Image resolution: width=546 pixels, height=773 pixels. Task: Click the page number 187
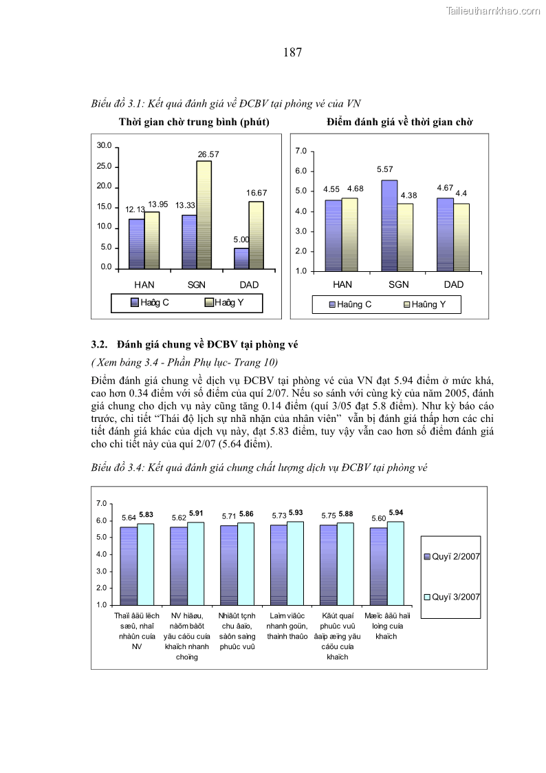[292, 52]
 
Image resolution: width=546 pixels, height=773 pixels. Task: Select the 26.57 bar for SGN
[204, 214]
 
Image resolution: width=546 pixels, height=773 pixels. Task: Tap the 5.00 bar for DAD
[241, 258]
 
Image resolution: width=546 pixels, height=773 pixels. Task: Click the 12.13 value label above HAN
[135, 209]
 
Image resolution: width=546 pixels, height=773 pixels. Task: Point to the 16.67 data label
[256, 193]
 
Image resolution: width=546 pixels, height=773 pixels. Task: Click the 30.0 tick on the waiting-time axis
[105, 146]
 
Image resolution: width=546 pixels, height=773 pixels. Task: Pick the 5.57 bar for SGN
[389, 225]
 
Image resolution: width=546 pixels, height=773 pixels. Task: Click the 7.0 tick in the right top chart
[301, 151]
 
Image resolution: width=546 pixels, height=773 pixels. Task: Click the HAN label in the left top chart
[144, 284]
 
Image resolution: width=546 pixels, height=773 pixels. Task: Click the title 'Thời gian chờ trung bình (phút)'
[194, 122]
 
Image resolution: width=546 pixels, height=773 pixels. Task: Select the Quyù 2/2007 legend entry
[452, 555]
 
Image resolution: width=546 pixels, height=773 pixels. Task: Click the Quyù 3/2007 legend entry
[452, 597]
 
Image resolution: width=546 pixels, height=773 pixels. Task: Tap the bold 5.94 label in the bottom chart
[396, 513]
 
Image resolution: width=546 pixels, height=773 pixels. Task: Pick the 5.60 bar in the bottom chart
[378, 566]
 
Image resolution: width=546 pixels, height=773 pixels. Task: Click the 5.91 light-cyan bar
[195, 563]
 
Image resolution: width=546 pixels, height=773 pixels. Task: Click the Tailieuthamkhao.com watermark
[493, 11]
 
